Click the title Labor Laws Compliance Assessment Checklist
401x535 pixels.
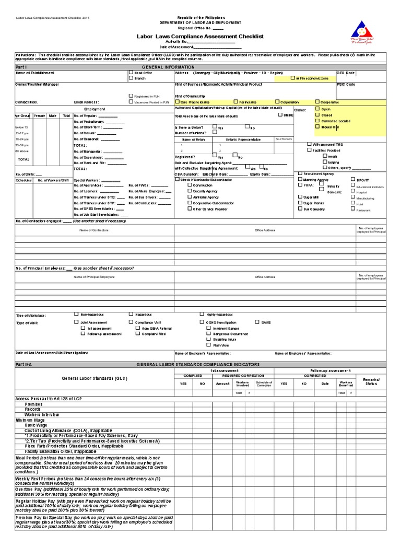200,37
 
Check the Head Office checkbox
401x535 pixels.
131,73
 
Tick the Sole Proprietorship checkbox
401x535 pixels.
177,102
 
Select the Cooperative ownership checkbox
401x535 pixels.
317,102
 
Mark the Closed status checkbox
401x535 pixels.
316,115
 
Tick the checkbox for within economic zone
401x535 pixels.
292,78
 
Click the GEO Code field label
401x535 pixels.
346,73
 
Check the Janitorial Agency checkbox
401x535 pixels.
190,197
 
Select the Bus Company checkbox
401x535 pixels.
300,208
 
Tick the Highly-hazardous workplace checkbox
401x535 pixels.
202,315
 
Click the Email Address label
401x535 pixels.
86,102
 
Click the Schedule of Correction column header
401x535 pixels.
264,385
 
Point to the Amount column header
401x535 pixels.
222,383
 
